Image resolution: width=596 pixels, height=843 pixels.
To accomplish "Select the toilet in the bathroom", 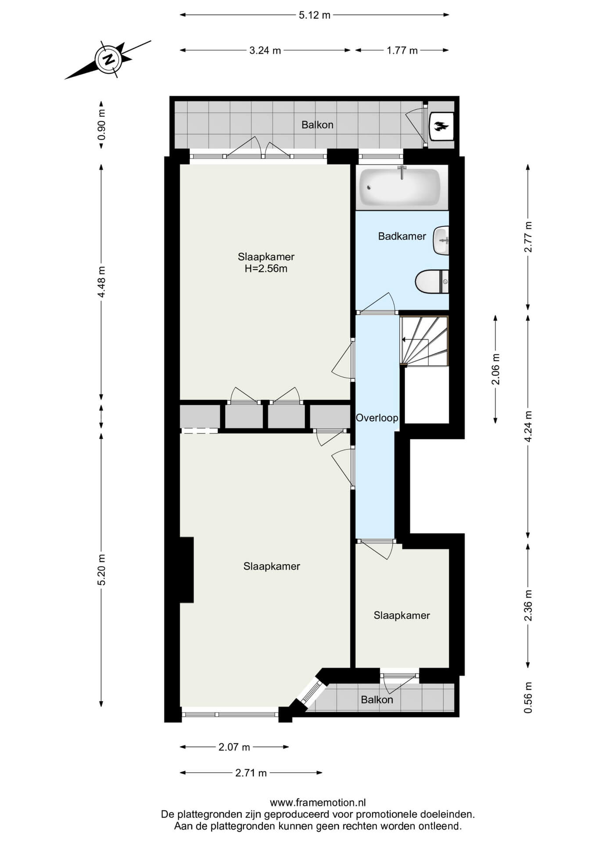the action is click(x=432, y=281).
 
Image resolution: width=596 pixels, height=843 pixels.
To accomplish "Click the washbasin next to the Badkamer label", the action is click(x=441, y=241).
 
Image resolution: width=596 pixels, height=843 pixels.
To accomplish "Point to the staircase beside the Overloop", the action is click(x=424, y=341).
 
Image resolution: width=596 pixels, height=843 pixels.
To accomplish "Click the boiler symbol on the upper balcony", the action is click(x=441, y=126).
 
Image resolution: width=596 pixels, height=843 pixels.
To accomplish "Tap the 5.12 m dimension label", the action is click(x=314, y=15).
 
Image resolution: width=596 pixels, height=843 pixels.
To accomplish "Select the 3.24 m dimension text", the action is click(x=265, y=50).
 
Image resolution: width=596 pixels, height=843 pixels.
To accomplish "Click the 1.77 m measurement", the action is click(x=402, y=50).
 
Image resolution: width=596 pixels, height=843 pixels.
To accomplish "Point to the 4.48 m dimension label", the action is click(x=101, y=281).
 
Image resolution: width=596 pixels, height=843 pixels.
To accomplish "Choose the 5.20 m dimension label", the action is click(x=101, y=569).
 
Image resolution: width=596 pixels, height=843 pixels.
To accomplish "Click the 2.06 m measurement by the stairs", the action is click(x=495, y=369).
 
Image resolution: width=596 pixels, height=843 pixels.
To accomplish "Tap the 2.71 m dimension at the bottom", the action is click(x=251, y=773).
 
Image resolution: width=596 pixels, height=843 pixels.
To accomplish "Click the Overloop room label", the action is click(x=377, y=418).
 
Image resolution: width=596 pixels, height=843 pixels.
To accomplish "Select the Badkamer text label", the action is click(x=402, y=236).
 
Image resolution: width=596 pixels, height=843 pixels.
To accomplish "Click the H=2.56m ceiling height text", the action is click(x=266, y=269).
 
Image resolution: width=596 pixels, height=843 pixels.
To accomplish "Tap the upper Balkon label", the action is click(x=317, y=125).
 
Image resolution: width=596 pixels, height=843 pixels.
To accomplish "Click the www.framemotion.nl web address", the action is click(x=318, y=803).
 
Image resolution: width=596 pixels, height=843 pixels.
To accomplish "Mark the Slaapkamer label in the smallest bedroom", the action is click(x=402, y=616).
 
